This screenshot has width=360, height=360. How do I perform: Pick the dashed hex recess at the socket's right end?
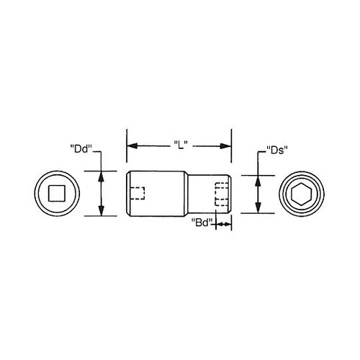click(222, 194)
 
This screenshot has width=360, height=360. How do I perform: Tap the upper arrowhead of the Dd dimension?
click(102, 174)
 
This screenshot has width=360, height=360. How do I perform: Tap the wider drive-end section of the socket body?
click(158, 193)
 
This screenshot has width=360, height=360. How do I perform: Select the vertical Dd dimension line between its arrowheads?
click(102, 193)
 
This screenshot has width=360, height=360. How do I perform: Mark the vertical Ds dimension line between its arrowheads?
click(257, 194)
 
